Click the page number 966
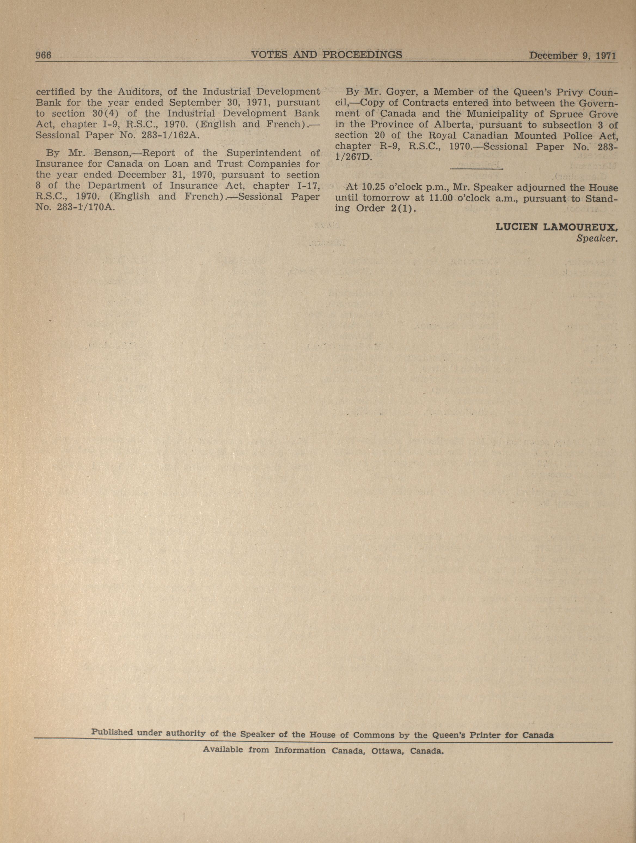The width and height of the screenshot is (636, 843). point(43,55)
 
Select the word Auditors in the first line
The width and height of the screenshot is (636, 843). point(138,92)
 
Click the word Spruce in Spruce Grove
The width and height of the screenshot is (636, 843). point(562,114)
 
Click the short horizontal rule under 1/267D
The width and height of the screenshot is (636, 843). point(476,168)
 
